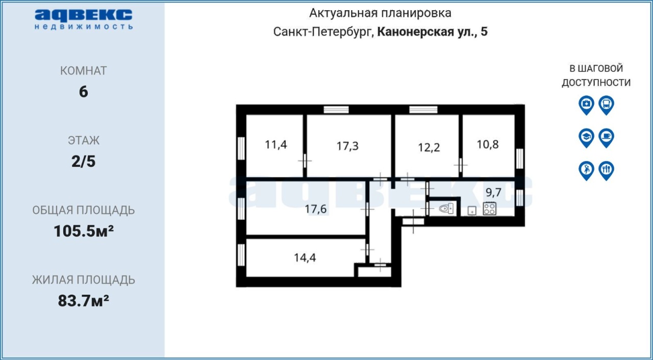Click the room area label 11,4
(x=276, y=145)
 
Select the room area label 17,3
(x=347, y=146)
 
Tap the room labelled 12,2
(x=429, y=148)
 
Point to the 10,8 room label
(x=488, y=144)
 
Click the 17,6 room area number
(x=315, y=209)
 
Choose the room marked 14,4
(x=305, y=258)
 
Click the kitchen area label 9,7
(x=493, y=192)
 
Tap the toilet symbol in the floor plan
(x=446, y=209)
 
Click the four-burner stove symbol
(x=489, y=209)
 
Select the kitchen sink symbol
(x=472, y=211)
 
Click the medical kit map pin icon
(x=586, y=105)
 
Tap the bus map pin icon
(x=607, y=105)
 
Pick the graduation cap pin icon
(x=586, y=138)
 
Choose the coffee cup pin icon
(x=607, y=138)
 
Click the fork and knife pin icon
(x=607, y=171)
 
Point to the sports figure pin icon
(x=586, y=171)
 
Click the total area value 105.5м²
(x=84, y=232)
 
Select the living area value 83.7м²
(x=84, y=301)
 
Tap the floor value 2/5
(x=84, y=161)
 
